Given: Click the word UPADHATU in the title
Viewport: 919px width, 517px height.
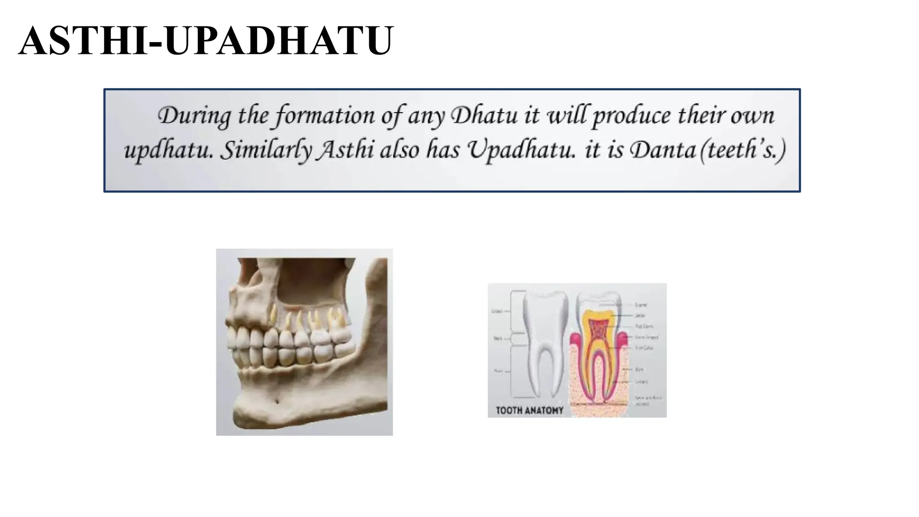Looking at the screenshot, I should (278, 41).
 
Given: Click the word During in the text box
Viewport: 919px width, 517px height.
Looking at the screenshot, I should (194, 116).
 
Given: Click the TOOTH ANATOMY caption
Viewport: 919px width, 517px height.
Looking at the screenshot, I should (529, 410).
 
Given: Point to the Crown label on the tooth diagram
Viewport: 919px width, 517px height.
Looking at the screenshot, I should (497, 311).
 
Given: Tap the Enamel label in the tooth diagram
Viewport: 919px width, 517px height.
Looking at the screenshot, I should (641, 305).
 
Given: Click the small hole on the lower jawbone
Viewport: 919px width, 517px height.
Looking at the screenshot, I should (277, 401).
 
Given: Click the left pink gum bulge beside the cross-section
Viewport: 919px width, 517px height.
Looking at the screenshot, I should (575, 343).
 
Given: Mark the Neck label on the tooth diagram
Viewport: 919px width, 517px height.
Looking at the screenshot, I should (498, 338).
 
